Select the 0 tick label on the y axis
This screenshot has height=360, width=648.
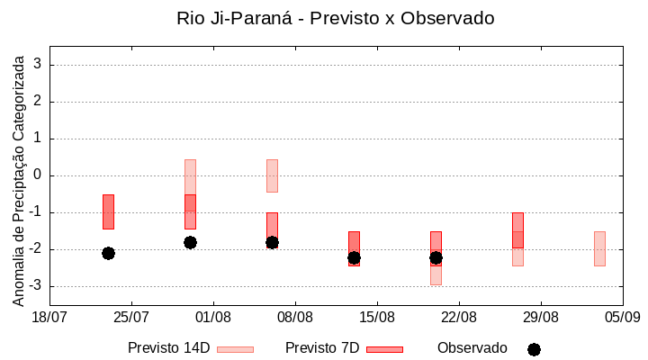[x=38, y=175]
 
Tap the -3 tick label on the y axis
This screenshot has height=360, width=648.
[x=35, y=286]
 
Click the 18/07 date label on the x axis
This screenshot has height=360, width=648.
[x=50, y=317]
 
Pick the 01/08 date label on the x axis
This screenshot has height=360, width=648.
[x=213, y=317]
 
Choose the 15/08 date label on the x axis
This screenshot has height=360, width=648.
[x=377, y=317]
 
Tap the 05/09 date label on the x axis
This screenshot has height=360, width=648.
[x=622, y=317]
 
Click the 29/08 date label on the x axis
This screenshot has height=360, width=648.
[x=540, y=317]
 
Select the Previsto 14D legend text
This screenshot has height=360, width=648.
[x=169, y=348]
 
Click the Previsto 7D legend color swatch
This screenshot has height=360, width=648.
[x=384, y=349]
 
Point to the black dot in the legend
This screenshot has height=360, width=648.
[x=534, y=349]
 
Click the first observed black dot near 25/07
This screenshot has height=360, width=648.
[x=108, y=253]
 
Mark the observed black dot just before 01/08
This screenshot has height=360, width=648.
[x=190, y=242]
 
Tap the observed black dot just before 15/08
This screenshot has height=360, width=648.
[x=354, y=257]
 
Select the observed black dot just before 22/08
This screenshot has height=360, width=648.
[x=436, y=257]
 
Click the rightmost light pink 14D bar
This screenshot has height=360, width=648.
[x=599, y=248]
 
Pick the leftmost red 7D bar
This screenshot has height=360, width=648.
[x=108, y=211]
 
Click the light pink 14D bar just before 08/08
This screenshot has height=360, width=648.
[x=272, y=175]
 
